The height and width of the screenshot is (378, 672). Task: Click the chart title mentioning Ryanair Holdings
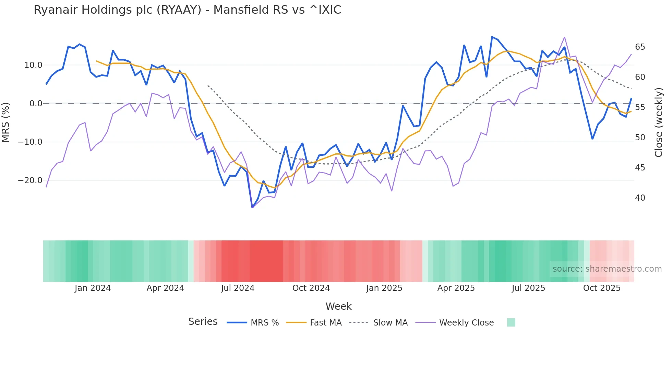click(x=187, y=10)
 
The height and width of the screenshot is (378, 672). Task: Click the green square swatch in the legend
click(x=511, y=322)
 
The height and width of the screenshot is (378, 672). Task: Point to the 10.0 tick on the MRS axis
click(x=33, y=65)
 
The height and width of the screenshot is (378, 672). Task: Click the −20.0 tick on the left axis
click(x=30, y=180)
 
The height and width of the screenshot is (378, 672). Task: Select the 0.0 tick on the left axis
click(x=36, y=104)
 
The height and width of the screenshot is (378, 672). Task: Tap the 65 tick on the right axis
click(x=640, y=47)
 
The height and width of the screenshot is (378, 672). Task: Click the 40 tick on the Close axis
click(x=640, y=198)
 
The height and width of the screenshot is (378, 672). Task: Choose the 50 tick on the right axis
click(x=640, y=138)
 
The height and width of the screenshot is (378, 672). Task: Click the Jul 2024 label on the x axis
click(x=238, y=288)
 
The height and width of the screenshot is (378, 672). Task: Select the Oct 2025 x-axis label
click(x=602, y=288)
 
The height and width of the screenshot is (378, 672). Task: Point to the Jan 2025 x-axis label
click(x=384, y=288)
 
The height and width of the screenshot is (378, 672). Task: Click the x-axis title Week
click(x=338, y=306)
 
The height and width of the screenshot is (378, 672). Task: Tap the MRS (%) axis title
click(x=6, y=122)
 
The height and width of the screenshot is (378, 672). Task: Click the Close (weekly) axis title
click(x=658, y=122)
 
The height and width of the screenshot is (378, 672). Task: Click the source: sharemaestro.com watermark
click(x=607, y=269)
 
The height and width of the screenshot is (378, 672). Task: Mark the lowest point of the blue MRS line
click(x=252, y=208)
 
